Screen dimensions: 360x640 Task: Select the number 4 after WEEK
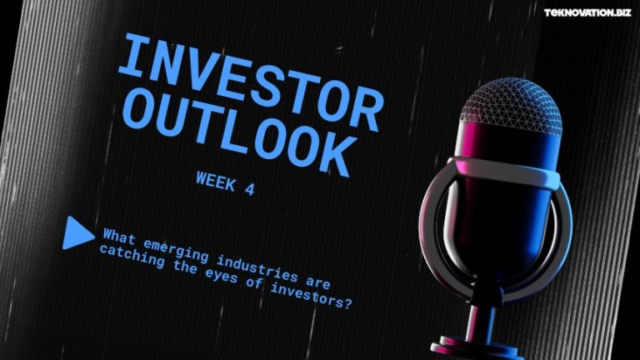click(x=249, y=187)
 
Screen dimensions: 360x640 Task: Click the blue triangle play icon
click(x=77, y=232)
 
